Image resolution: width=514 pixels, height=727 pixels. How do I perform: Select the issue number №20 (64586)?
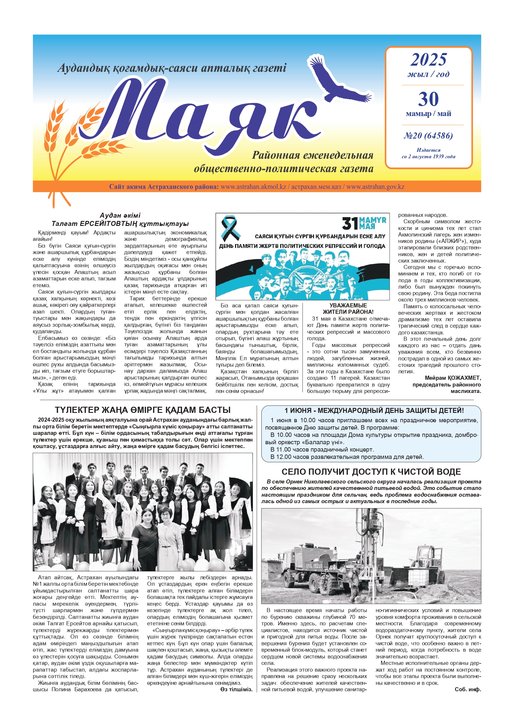[428, 136]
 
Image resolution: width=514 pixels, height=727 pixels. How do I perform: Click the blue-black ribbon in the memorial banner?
[231, 228]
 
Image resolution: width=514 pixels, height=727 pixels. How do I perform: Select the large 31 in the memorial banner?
[350, 224]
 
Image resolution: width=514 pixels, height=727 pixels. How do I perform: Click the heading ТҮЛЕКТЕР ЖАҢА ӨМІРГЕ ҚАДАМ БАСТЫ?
[142, 410]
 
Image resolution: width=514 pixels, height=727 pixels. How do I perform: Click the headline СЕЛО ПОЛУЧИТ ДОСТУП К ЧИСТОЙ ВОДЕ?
[371, 472]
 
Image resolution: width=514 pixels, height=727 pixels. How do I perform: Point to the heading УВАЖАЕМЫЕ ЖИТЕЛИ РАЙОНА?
[348, 309]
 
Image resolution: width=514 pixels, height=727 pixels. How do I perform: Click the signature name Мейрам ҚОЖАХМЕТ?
[452, 378]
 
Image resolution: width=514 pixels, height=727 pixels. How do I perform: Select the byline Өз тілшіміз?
[236, 689]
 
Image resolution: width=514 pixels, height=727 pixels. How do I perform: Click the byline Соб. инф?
[467, 689]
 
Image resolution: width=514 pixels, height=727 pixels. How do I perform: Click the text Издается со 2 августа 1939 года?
[428, 153]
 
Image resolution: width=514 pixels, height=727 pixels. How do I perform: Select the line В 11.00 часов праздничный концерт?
[322, 450]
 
